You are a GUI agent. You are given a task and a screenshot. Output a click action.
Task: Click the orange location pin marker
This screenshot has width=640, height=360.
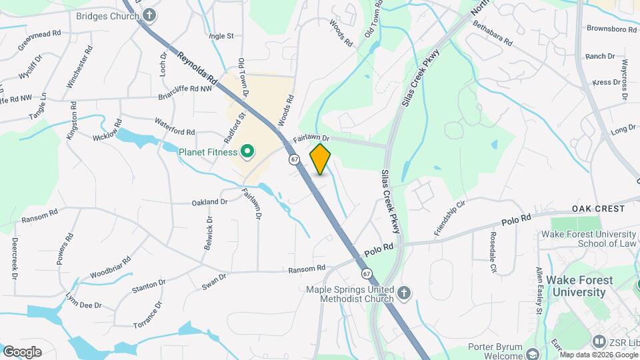pyautogui.click(x=320, y=159)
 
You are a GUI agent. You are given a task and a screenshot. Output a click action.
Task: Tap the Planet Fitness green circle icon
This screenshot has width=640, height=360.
pyautogui.click(x=247, y=152)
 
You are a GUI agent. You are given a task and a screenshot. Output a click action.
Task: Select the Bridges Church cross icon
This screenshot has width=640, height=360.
pyautogui.click(x=150, y=14)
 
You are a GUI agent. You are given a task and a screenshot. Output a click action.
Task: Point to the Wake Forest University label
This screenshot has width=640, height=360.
pyautogui.click(x=576, y=286)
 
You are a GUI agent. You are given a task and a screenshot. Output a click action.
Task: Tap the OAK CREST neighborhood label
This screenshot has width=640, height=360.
pyautogui.click(x=598, y=209)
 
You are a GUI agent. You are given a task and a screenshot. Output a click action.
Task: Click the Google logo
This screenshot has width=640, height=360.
pyautogui.click(x=22, y=351)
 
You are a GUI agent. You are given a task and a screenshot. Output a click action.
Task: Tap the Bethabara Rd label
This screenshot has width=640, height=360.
pyautogui.click(x=492, y=33)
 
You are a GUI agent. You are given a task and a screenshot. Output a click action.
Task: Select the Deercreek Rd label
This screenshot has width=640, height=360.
pyautogui.click(x=13, y=257)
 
